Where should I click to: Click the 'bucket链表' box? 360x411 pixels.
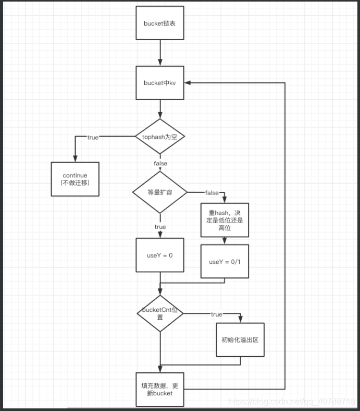point(160,23)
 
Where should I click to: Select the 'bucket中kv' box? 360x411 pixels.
point(160,82)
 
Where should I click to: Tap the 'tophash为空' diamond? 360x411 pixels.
point(160,137)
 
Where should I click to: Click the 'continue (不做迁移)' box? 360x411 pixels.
point(75,179)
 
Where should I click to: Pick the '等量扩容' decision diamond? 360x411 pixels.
point(160,192)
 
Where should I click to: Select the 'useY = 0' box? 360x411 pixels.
point(160,255)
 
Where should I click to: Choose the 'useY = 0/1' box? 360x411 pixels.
point(225,261)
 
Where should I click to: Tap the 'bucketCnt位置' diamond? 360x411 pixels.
point(160,313)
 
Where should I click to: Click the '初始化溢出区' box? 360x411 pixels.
point(240,339)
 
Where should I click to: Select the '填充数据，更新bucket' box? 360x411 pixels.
point(160,389)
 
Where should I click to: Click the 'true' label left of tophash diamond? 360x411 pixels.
point(93,137)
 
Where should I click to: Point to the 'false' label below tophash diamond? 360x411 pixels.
point(160,164)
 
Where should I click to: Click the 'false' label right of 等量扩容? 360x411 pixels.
point(212,193)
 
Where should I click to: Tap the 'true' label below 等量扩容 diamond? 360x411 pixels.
point(160,227)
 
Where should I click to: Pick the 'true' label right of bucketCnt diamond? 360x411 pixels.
point(216,314)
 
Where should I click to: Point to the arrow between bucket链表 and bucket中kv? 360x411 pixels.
point(160,52)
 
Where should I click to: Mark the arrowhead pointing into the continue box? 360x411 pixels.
point(75,159)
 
